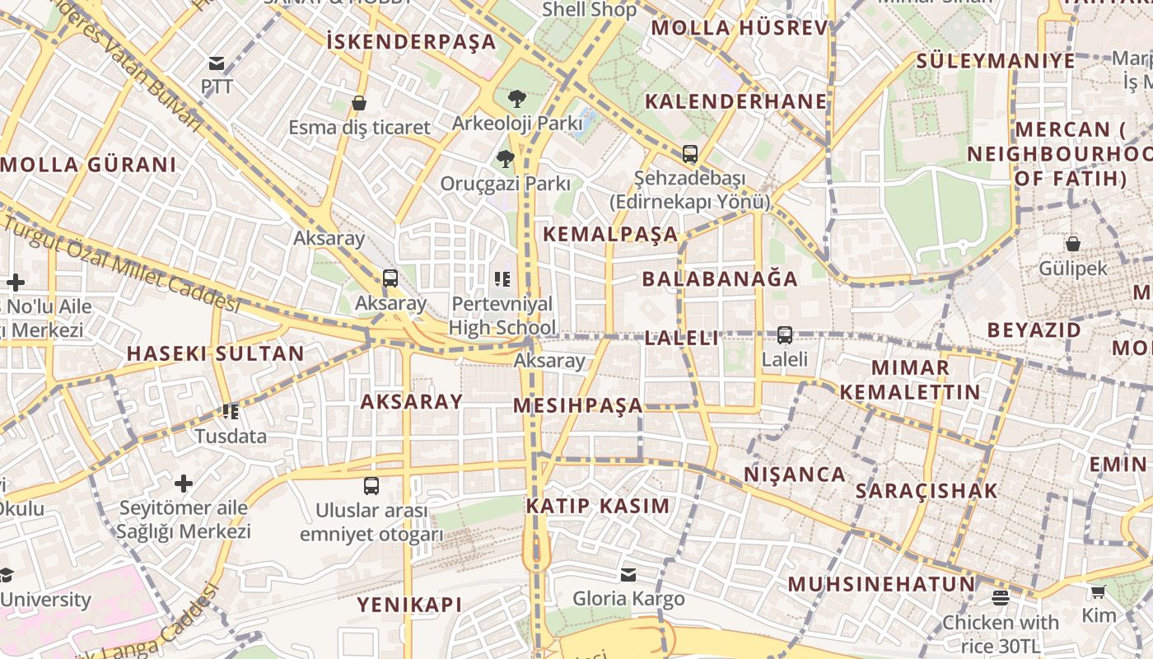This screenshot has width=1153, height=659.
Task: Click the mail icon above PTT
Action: pyautogui.click(x=217, y=63)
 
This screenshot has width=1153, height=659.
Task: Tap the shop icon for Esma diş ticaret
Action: pyautogui.click(x=359, y=104)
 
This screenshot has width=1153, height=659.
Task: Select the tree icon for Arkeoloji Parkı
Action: pyautogui.click(x=517, y=99)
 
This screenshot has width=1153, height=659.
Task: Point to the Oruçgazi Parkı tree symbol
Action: pyautogui.click(x=506, y=159)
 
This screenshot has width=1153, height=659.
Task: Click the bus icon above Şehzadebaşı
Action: pyautogui.click(x=690, y=154)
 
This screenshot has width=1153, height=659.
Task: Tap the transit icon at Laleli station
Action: pyautogui.click(x=785, y=335)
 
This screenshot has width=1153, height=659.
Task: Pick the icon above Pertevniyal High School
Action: pyautogui.click(x=502, y=280)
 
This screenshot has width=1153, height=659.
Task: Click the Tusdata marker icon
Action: pyautogui.click(x=231, y=411)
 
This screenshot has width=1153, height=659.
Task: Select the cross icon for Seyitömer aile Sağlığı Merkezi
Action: pyautogui.click(x=184, y=483)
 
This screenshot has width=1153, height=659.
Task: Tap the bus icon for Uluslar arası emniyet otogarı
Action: pyautogui.click(x=371, y=486)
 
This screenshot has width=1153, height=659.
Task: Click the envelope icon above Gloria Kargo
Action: pyautogui.click(x=628, y=574)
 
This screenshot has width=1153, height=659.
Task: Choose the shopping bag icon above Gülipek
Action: pyautogui.click(x=1073, y=244)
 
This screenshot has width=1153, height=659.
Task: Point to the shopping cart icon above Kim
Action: pyautogui.click(x=1098, y=591)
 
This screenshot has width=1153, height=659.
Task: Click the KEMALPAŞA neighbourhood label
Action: pyautogui.click(x=610, y=234)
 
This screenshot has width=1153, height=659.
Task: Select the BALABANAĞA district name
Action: pyautogui.click(x=720, y=278)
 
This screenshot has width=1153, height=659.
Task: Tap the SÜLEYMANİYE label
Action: pyautogui.click(x=996, y=61)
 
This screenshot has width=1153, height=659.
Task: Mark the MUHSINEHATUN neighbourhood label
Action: pyautogui.click(x=881, y=584)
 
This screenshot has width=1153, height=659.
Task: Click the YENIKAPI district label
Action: pyautogui.click(x=409, y=605)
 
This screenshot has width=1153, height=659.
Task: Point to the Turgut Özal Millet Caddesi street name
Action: pyautogui.click(x=124, y=259)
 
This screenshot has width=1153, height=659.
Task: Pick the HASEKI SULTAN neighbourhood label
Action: pyautogui.click(x=215, y=354)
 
